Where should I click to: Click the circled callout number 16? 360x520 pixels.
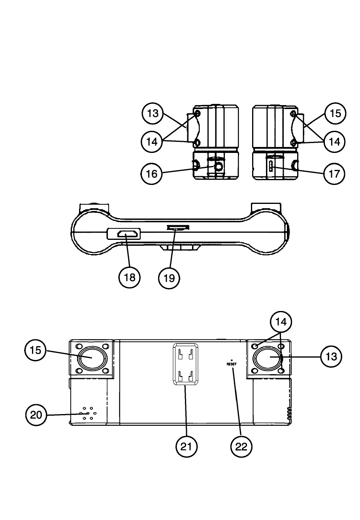pyautogui.click(x=152, y=173)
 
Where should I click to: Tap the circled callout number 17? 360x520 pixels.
pyautogui.click(x=334, y=173)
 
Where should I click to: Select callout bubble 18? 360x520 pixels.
pyautogui.click(x=130, y=277)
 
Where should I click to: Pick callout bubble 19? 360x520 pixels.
pyautogui.click(x=169, y=278)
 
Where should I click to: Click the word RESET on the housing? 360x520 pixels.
pyautogui.click(x=232, y=364)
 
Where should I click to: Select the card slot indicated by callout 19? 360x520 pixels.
pyautogui.click(x=178, y=228)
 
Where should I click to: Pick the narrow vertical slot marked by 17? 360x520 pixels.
pyautogui.click(x=271, y=167)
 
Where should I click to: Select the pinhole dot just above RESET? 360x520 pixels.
pyautogui.click(x=232, y=360)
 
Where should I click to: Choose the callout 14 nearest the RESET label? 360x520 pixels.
pyautogui.click(x=281, y=322)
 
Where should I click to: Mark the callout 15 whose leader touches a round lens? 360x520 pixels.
pyautogui.click(x=36, y=350)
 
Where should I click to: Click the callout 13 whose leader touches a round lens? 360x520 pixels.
pyautogui.click(x=331, y=356)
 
